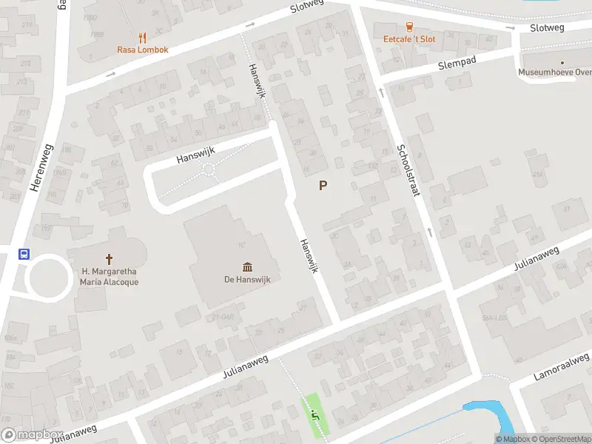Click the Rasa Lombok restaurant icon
pyautogui.click(x=143, y=37)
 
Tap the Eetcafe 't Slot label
pyautogui.click(x=409, y=38)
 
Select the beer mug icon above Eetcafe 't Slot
pyautogui.click(x=410, y=27)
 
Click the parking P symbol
pyautogui.click(x=323, y=186)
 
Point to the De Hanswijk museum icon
pyautogui.click(x=246, y=267)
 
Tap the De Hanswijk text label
pyautogui.click(x=245, y=280)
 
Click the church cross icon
pyautogui.click(x=110, y=259)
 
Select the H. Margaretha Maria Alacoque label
pyautogui.click(x=110, y=277)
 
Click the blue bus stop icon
pyautogui.click(x=24, y=254)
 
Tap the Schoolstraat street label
pyautogui.click(x=409, y=166)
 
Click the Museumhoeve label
pyautogui.click(x=555, y=73)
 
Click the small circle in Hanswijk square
pyautogui.click(x=209, y=170)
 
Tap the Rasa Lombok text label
pyautogui.click(x=143, y=50)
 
